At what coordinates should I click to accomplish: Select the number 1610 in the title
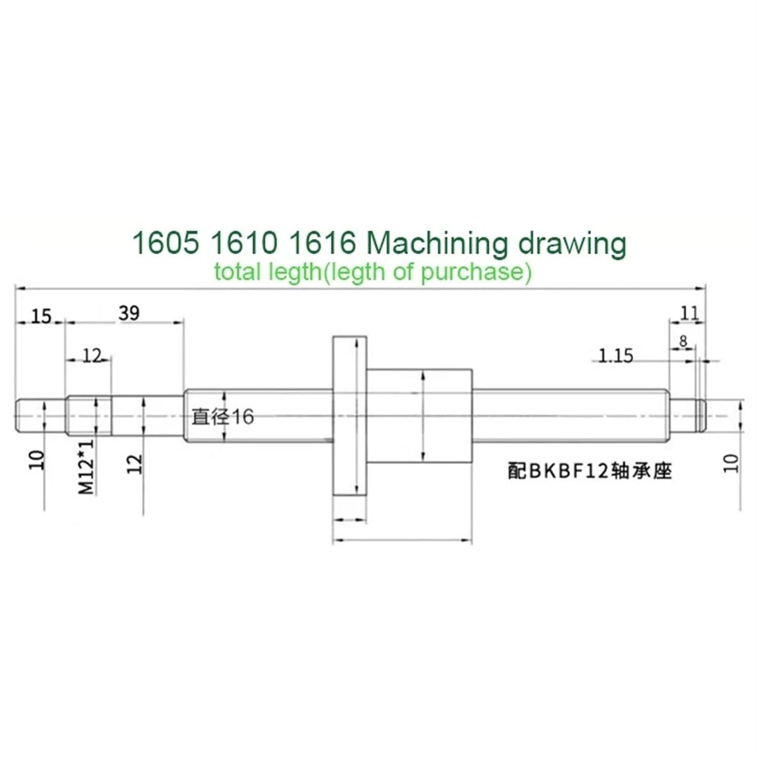click(244, 243)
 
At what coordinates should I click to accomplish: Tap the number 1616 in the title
click(322, 243)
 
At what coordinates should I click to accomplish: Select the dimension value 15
click(41, 316)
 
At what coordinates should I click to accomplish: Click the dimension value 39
click(129, 313)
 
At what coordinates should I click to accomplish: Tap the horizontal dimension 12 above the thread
click(92, 356)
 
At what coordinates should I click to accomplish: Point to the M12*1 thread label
click(87, 467)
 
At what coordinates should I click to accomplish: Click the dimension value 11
click(689, 313)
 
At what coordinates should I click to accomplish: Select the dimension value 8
click(683, 342)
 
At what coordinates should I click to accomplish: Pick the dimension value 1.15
click(615, 356)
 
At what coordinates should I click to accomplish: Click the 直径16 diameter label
click(223, 416)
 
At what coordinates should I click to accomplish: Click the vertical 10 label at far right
click(731, 463)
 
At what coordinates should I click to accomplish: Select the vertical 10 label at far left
click(37, 460)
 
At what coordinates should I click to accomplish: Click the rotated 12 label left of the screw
click(135, 463)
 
